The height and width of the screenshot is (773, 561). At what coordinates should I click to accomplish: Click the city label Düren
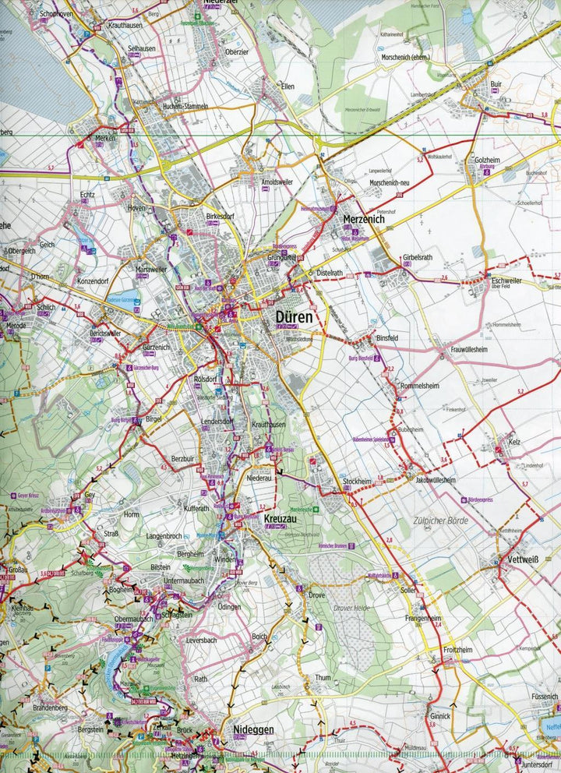point(294,317)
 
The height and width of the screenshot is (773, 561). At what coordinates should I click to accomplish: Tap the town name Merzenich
point(365,221)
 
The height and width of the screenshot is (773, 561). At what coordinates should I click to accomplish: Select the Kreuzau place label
point(279,518)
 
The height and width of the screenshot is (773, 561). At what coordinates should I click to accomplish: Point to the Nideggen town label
point(254,729)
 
